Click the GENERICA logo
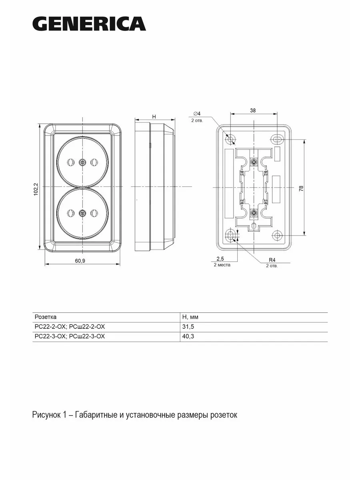[89, 24]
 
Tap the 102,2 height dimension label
[36, 189]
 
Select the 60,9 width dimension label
[80, 261]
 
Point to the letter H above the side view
[154, 117]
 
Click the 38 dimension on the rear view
[253, 110]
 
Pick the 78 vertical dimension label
[301, 188]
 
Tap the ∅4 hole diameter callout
[197, 114]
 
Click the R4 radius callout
[272, 260]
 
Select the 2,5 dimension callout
[220, 258]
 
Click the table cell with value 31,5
[188, 327]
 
